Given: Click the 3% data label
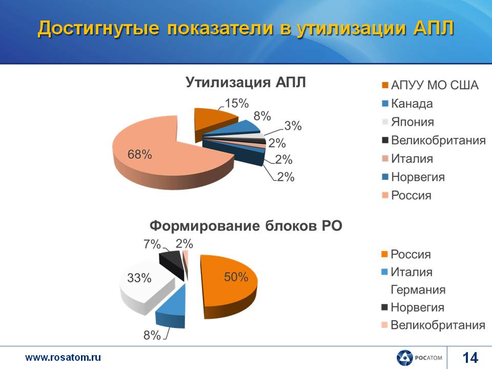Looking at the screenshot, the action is coord(293,126).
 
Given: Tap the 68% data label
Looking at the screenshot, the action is coord(139,154).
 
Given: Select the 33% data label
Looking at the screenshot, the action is coord(139,278).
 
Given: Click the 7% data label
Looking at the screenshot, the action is coord(152,244).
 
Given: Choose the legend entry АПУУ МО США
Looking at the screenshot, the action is coord(430,85).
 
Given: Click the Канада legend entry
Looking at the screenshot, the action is coord(407,104).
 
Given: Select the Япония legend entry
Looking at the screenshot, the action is coord(408,122).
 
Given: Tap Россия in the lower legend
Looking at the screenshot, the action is coord(406,254).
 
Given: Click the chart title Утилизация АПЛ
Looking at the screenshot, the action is coord(245,82).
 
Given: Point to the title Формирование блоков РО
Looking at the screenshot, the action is coord(245,225).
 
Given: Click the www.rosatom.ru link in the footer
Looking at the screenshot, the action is coord(63,357).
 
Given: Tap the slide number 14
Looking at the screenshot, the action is coord(470,358).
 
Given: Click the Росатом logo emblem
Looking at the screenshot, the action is coord(404,358).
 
